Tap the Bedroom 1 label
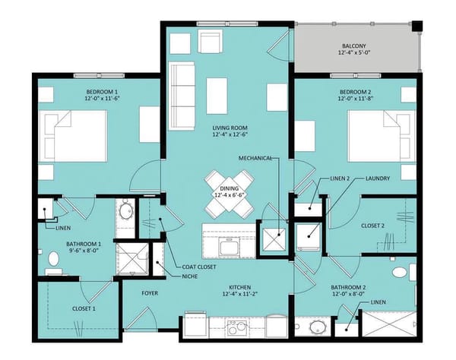pyautogui.click(x=103, y=93)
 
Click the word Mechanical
pyautogui.click(x=255, y=158)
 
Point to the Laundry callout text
pyautogui.click(x=378, y=179)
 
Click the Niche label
pyautogui.click(x=191, y=276)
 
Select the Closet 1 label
pyautogui.click(x=84, y=308)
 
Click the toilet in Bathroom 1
pyautogui.click(x=53, y=261)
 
